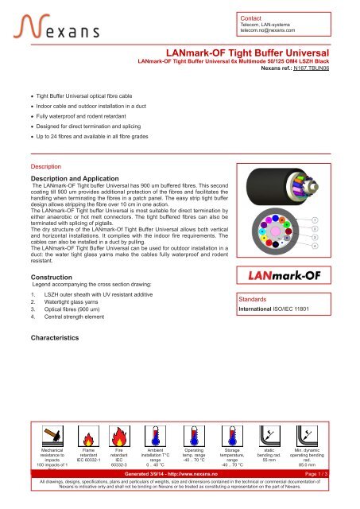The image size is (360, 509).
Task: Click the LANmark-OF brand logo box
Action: (x=287, y=276)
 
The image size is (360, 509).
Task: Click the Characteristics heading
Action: (x=53, y=339)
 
